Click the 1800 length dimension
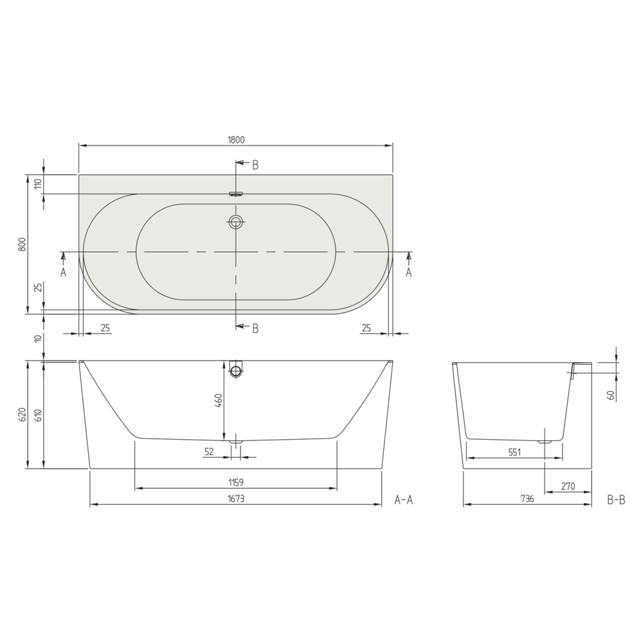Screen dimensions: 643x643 (x=236, y=140)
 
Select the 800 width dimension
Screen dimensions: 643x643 (x=23, y=244)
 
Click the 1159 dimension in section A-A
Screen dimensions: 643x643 (x=236, y=483)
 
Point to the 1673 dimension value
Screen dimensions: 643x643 (x=236, y=499)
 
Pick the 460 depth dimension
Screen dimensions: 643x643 (x=219, y=400)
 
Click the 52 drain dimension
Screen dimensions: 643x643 (x=209, y=451)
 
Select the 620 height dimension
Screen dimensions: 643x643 (x=23, y=415)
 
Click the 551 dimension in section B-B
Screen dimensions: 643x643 (x=514, y=452)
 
